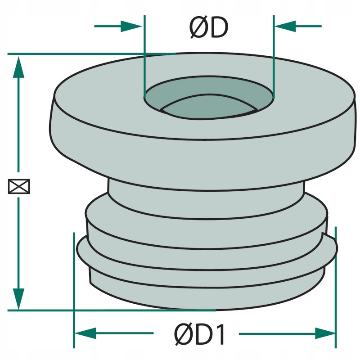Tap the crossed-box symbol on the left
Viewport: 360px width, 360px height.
click(x=19, y=186)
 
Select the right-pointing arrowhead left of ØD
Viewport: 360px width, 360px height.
click(x=131, y=26)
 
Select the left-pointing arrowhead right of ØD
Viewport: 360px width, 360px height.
click(x=285, y=26)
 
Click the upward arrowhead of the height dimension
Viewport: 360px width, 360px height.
click(x=18, y=67)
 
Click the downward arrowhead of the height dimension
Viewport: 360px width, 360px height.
click(x=18, y=299)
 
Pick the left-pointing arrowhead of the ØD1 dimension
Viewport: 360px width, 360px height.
click(x=85, y=333)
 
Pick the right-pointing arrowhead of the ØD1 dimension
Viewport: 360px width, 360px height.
click(x=325, y=333)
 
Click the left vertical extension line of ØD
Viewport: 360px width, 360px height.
click(x=144, y=57)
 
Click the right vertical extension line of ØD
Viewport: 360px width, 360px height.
click(x=274, y=57)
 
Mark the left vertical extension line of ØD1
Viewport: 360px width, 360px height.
click(x=74, y=290)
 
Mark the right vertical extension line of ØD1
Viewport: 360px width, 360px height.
click(x=336, y=288)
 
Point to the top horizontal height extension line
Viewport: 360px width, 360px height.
click(x=92, y=54)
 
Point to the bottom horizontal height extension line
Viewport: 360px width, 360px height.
click(x=112, y=310)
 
